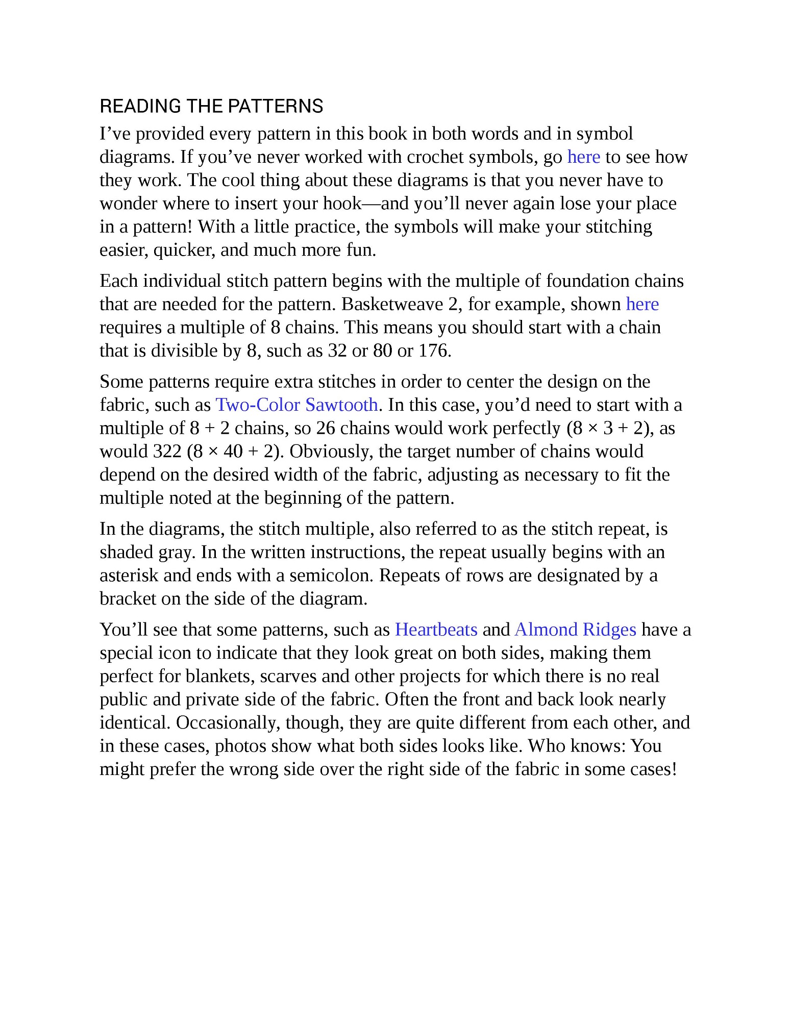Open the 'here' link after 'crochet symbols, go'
pos(583,157)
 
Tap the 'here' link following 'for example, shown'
pos(642,304)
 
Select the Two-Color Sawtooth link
pos(296,405)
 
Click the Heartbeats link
pos(436,630)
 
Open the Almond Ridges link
pos(575,630)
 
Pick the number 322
pos(167,452)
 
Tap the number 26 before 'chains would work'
pos(325,428)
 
